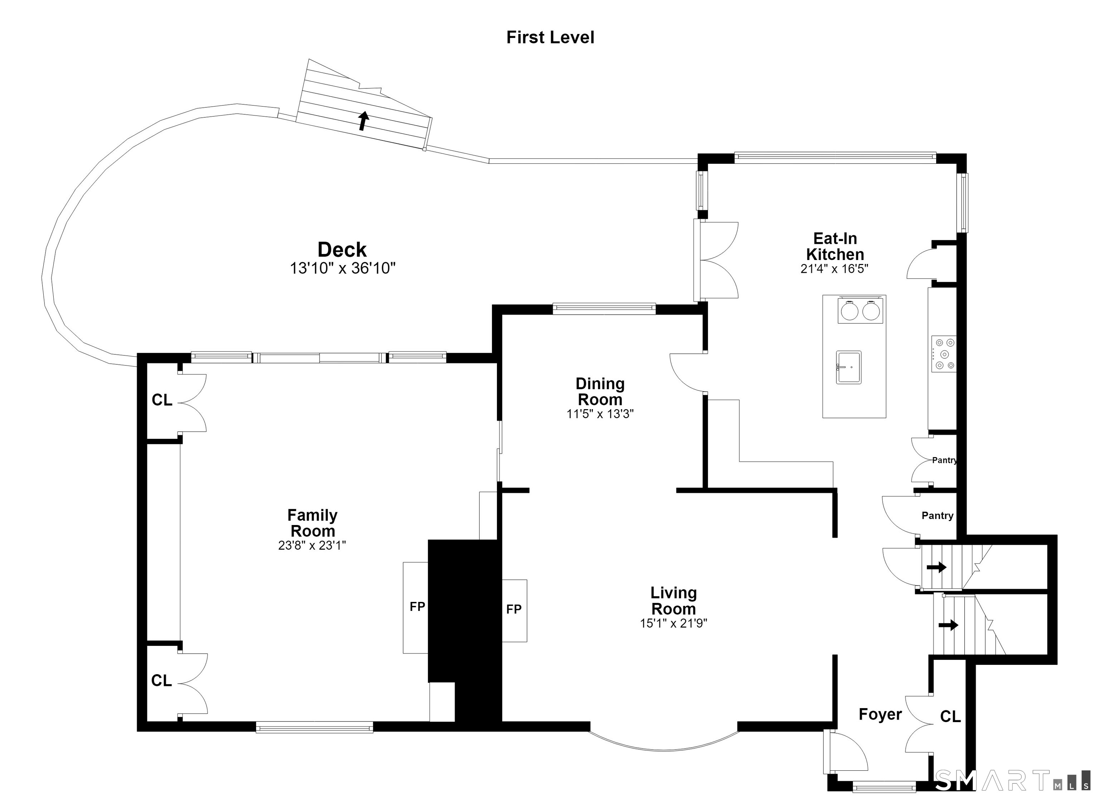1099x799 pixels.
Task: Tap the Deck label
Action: pyautogui.click(x=342, y=250)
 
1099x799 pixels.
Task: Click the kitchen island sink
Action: pyautogui.click(x=849, y=367)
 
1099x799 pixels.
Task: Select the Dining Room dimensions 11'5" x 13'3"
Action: pyautogui.click(x=600, y=414)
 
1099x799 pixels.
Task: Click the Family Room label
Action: pyautogui.click(x=313, y=523)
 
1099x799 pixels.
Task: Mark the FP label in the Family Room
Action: pyautogui.click(x=417, y=606)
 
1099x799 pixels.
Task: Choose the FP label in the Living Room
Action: pyautogui.click(x=514, y=609)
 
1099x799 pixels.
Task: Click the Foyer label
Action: pyautogui.click(x=880, y=715)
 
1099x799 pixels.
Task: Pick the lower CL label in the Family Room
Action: pyautogui.click(x=161, y=681)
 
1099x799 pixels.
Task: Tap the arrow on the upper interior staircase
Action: pyautogui.click(x=937, y=567)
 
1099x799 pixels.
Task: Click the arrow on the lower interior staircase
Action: pyautogui.click(x=948, y=625)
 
